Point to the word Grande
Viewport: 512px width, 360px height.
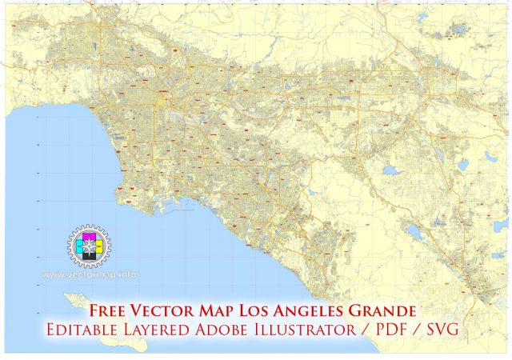(x=386, y=309)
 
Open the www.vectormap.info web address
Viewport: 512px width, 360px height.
(x=89, y=274)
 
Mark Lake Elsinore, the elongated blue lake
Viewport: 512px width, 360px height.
(x=414, y=233)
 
